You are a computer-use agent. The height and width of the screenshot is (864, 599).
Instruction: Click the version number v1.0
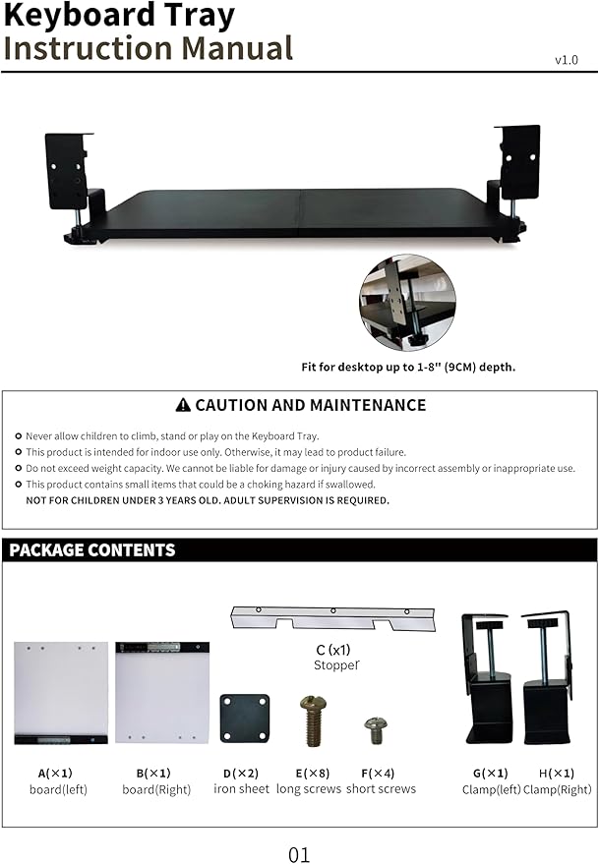click(567, 60)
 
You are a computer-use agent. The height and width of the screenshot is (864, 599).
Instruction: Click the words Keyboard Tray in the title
click(119, 16)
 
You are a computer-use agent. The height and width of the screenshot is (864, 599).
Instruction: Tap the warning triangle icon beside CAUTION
click(182, 405)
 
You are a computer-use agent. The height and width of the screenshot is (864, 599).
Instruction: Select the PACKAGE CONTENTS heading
click(92, 550)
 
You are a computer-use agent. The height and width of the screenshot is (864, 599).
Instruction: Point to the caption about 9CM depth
click(408, 367)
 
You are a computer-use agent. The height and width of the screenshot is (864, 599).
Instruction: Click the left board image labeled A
click(61, 692)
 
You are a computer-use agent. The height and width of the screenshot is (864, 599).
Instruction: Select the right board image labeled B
click(162, 692)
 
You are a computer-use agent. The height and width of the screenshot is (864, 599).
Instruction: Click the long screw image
click(313, 720)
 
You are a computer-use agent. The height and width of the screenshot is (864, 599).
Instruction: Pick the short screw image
click(376, 729)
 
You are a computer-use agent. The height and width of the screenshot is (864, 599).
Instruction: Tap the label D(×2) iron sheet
click(241, 780)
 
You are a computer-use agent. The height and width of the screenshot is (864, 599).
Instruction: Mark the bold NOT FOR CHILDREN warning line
click(208, 500)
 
